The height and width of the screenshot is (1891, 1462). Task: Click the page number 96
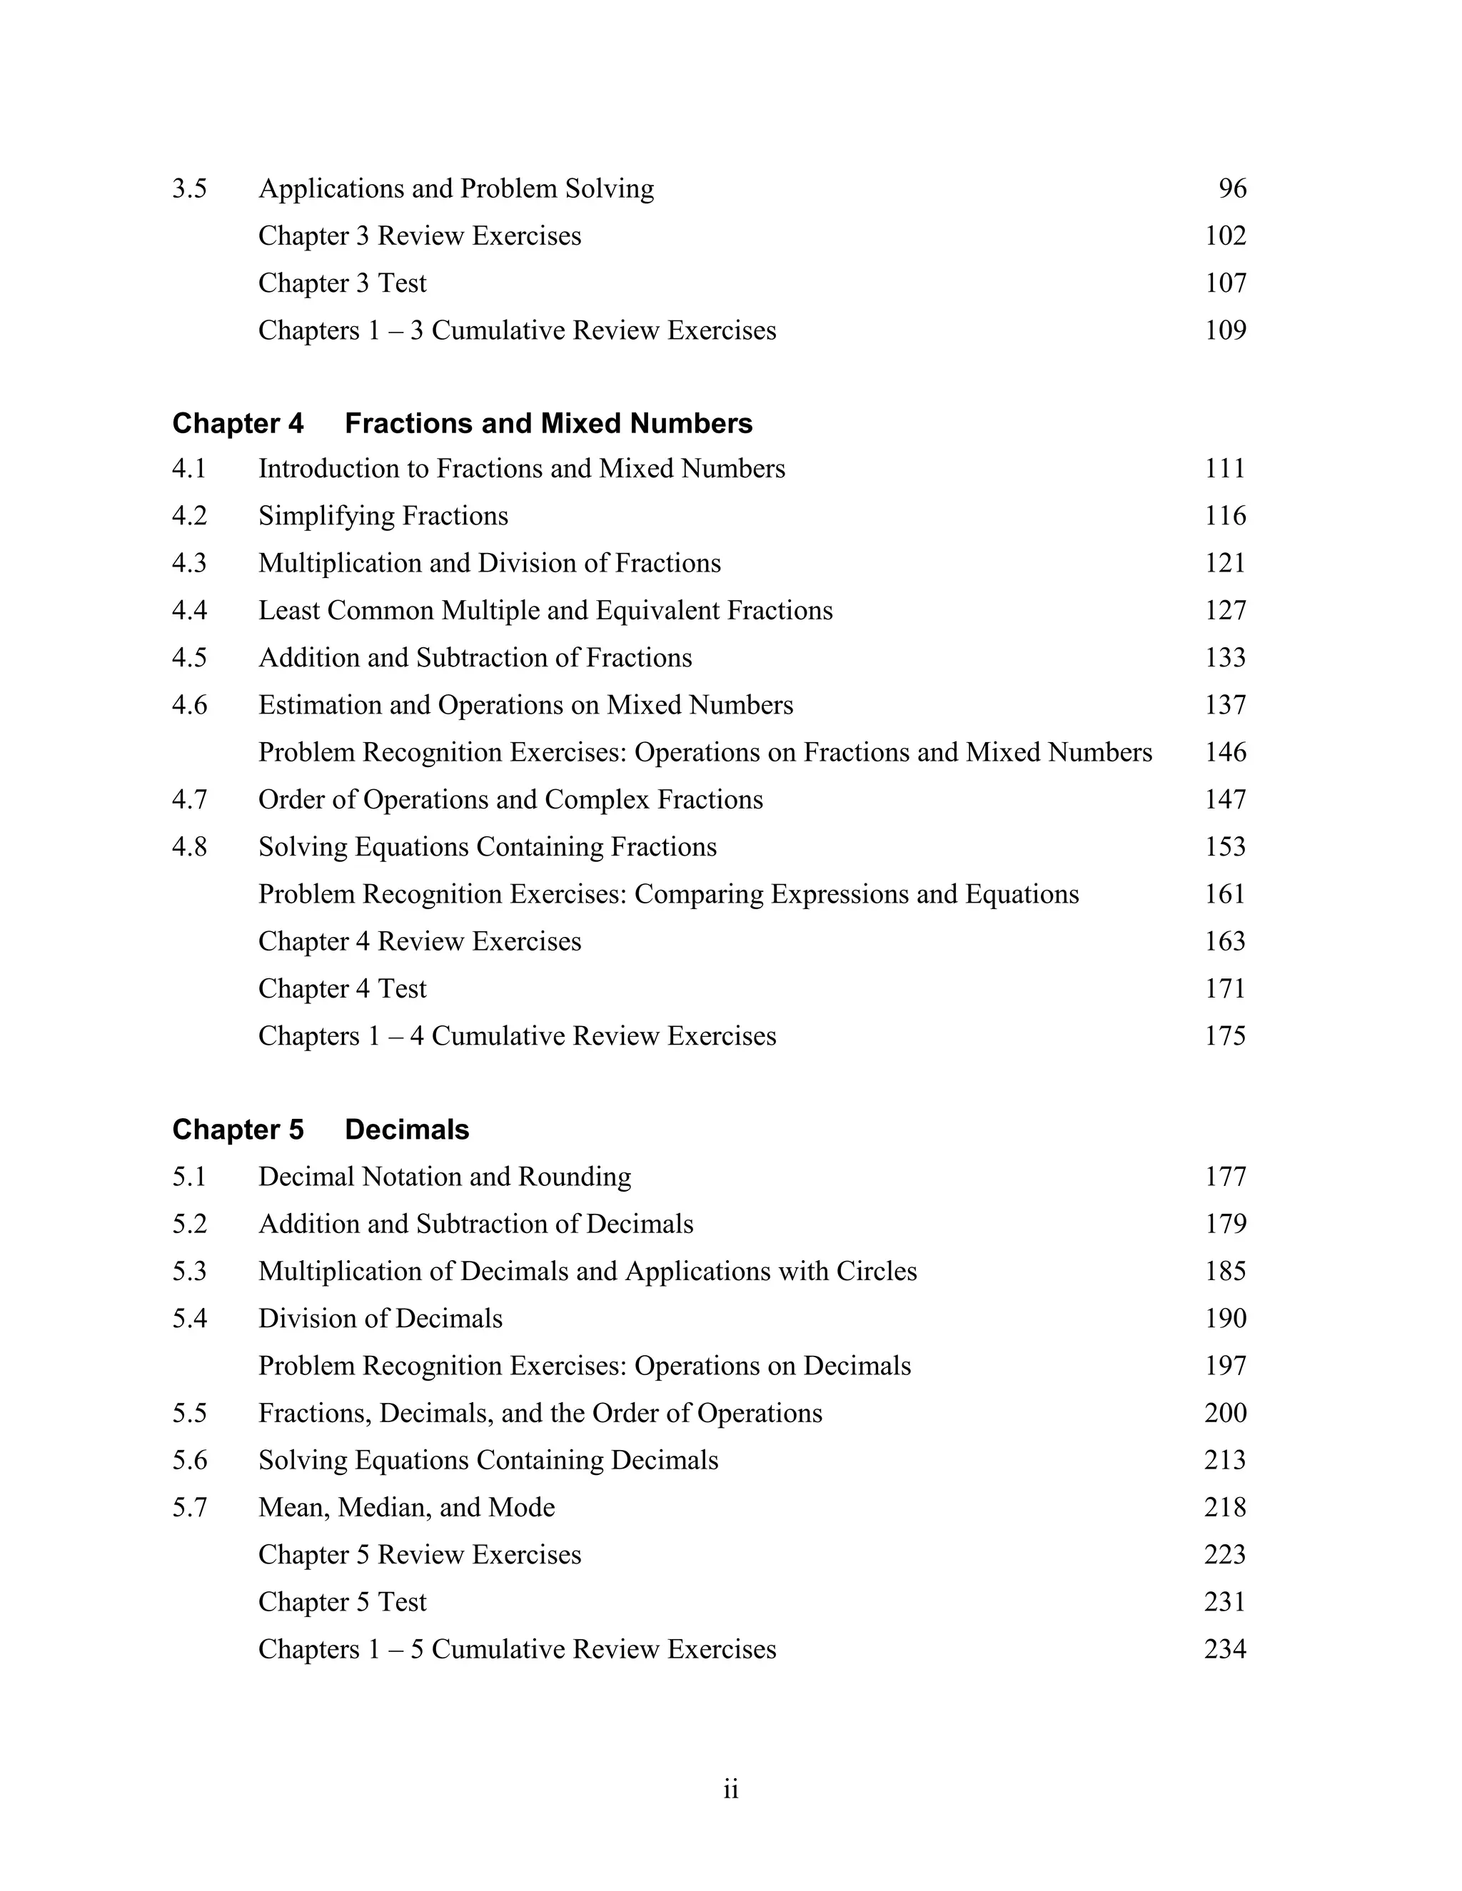[x=1231, y=189]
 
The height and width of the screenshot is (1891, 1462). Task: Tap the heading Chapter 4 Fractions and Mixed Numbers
[x=463, y=423]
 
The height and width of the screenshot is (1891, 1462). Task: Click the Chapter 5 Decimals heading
[x=321, y=1130]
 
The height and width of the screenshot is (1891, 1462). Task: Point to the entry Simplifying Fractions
[x=383, y=516]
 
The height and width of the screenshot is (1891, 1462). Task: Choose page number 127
[x=1225, y=610]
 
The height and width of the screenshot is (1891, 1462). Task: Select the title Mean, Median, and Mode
[x=406, y=1507]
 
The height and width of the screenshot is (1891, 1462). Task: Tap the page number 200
[x=1225, y=1413]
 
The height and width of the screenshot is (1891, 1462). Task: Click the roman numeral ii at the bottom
[x=731, y=1789]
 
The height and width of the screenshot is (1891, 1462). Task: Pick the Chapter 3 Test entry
[x=342, y=283]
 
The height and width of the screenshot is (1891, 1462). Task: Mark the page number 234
[x=1225, y=1649]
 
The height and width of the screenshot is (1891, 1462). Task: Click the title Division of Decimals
[x=380, y=1319]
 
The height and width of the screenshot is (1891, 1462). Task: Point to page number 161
[x=1225, y=893]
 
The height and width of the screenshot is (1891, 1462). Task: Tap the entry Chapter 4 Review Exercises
[x=419, y=941]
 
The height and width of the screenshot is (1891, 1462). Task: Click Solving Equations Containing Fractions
[x=487, y=847]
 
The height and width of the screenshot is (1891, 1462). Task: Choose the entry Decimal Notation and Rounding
[x=444, y=1177]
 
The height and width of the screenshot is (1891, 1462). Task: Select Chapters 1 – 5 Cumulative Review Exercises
[x=517, y=1649]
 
